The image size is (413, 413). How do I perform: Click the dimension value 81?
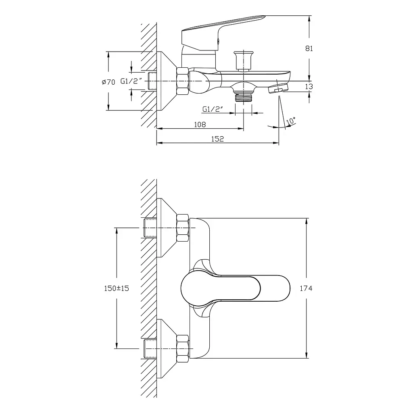pyautogui.click(x=309, y=48)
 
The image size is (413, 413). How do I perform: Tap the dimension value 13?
pyautogui.click(x=309, y=86)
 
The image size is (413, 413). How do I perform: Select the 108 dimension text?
pyautogui.click(x=200, y=124)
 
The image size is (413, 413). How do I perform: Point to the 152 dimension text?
pyautogui.click(x=217, y=139)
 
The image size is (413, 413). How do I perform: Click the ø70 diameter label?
pyautogui.click(x=108, y=82)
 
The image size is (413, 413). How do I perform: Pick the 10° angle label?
pyautogui.click(x=291, y=121)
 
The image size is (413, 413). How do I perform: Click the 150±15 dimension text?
pyautogui.click(x=117, y=288)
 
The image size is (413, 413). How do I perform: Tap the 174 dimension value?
pyautogui.click(x=306, y=288)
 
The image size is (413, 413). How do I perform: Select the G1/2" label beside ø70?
pyautogui.click(x=131, y=81)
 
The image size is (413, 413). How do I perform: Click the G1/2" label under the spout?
pyautogui.click(x=213, y=109)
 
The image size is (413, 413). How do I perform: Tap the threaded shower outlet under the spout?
pyautogui.click(x=243, y=98)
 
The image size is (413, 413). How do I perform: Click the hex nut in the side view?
pyautogui.click(x=183, y=81)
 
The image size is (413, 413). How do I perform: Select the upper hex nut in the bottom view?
pyautogui.click(x=183, y=228)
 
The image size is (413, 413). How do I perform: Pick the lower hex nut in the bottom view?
pyautogui.click(x=183, y=349)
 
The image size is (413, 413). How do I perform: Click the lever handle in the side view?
pyautogui.click(x=223, y=33)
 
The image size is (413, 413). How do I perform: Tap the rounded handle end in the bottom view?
pyautogui.click(x=194, y=288)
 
